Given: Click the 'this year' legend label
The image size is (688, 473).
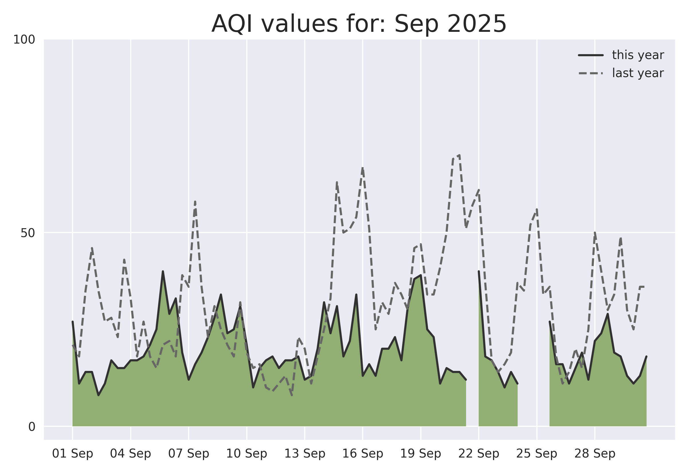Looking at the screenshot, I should click(x=638, y=55).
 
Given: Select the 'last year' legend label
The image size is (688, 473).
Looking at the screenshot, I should click(x=638, y=73).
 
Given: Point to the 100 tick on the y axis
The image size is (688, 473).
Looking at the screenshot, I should click(x=24, y=40).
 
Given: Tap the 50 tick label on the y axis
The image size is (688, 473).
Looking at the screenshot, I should click(x=28, y=233).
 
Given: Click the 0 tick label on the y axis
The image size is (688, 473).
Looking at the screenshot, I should click(x=32, y=427).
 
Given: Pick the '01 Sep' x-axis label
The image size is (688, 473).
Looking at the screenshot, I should click(x=73, y=454).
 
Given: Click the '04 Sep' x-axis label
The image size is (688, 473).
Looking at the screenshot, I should click(x=131, y=454).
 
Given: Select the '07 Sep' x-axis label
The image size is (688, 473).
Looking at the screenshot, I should click(x=189, y=454).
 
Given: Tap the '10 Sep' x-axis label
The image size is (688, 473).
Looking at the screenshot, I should click(x=247, y=454).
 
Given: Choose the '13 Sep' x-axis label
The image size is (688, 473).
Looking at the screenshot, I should click(x=305, y=454).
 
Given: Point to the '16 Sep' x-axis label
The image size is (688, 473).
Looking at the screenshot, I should click(x=363, y=454).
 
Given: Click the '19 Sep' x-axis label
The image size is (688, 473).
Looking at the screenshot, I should click(x=421, y=454).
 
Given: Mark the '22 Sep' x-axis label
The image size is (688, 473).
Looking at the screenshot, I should click(x=479, y=454).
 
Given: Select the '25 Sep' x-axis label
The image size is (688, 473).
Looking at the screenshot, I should click(x=537, y=454).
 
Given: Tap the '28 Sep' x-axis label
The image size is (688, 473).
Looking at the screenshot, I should click(x=595, y=454).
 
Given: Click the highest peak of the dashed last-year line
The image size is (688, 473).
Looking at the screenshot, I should click(x=460, y=155).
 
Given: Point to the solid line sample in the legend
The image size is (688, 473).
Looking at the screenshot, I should click(x=591, y=55).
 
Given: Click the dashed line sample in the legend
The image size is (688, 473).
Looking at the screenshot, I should click(x=591, y=73).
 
